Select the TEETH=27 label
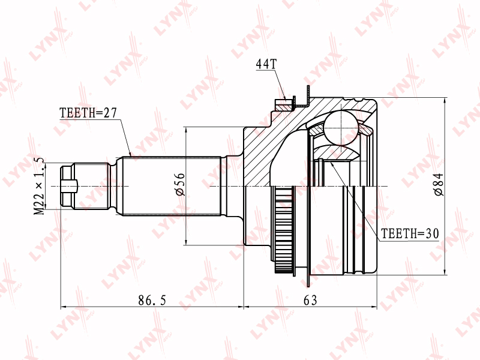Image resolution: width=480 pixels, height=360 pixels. point(88,113)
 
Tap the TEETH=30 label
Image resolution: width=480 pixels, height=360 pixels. point(410,234)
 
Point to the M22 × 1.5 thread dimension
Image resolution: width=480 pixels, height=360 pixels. point(39,187)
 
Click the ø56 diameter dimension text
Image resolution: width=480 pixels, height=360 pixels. point(181,184)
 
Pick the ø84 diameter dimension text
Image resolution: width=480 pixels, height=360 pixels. point(439,185)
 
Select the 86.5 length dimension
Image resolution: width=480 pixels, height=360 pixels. point(152,301)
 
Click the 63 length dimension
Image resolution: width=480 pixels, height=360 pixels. point(310,301)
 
